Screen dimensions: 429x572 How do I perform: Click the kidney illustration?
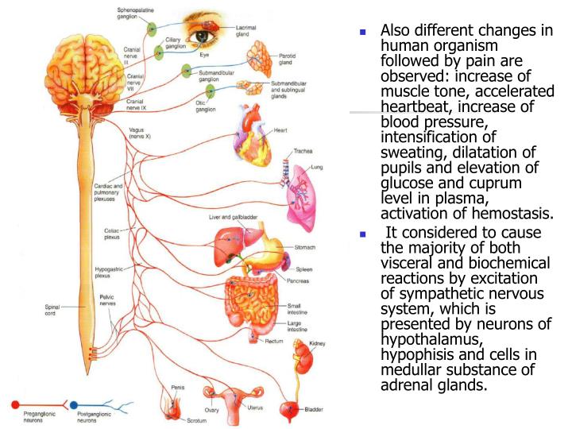point(303,357)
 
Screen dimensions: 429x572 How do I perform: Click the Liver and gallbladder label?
point(234,217)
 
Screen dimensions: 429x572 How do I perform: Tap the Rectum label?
point(276,341)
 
